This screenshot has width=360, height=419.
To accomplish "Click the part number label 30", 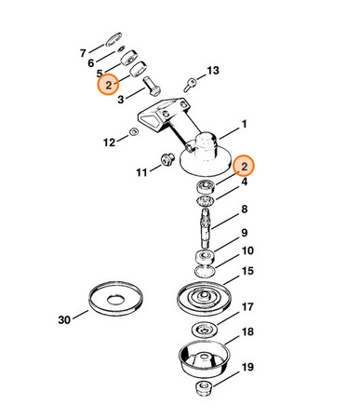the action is (64, 319).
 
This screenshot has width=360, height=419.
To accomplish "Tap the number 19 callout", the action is (247, 367).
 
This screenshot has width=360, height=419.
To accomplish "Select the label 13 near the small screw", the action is (213, 71).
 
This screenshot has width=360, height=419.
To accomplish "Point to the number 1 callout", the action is (245, 124).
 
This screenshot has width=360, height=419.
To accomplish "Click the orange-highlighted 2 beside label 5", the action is (108, 85).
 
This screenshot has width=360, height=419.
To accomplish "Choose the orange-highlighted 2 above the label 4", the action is (244, 166).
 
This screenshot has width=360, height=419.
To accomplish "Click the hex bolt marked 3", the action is (152, 86).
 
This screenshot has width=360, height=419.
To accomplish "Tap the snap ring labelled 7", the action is (113, 39).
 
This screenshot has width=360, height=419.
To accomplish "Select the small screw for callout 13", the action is (190, 85).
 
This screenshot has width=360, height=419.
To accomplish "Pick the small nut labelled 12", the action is (134, 131).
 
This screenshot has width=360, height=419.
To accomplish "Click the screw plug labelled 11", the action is (167, 159).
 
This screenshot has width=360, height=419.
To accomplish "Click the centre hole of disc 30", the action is (115, 300).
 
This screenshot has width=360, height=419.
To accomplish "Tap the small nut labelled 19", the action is (204, 388).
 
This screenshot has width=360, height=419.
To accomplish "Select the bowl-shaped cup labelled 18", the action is (205, 358).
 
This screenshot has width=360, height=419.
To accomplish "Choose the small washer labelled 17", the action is (205, 329).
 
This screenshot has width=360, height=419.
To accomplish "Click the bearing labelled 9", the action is (205, 257).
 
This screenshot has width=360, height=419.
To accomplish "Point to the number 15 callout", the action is (247, 271).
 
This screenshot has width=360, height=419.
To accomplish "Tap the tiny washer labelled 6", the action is (121, 49).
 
